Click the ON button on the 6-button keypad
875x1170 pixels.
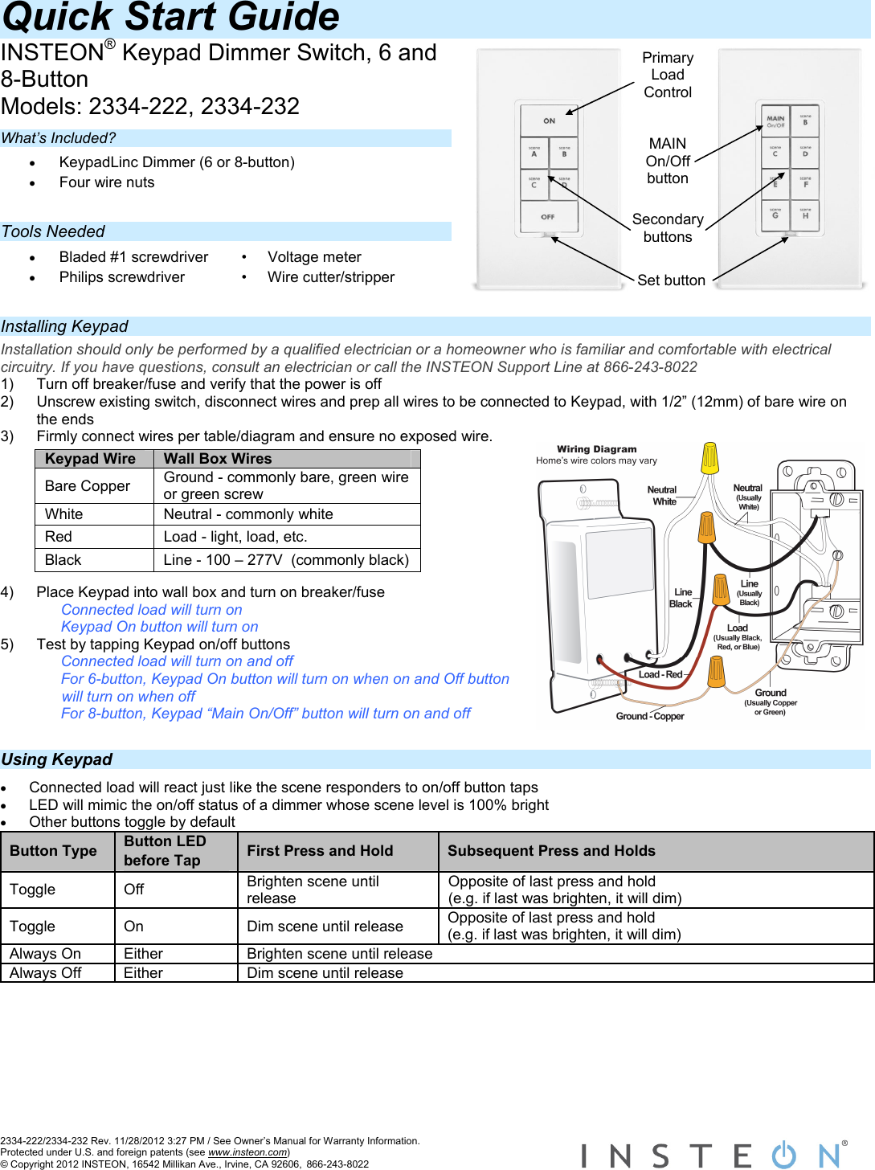[x=549, y=121]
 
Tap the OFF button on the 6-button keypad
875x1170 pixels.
[x=548, y=217]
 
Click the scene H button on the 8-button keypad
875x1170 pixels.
[x=805, y=215]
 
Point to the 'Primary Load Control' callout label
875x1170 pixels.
[x=668, y=75]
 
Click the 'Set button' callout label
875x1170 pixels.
[x=671, y=280]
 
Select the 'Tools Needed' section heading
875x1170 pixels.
[x=53, y=231]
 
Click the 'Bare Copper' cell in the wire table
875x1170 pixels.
[x=88, y=486]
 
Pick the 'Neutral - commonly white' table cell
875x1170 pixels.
[x=248, y=514]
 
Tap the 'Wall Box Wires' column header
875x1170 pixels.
[x=218, y=459]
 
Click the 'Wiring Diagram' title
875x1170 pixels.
[x=596, y=449]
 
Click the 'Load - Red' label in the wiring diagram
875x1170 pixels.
[x=660, y=674]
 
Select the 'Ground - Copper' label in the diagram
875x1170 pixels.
[x=650, y=716]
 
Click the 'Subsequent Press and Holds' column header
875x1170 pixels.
[x=551, y=851]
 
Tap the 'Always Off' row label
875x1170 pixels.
[x=46, y=973]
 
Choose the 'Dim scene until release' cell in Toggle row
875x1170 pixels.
[x=325, y=927]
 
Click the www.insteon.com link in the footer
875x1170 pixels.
[x=247, y=1152]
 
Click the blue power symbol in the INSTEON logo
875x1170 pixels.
[x=783, y=1155]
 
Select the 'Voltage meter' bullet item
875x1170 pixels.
[x=314, y=257]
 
